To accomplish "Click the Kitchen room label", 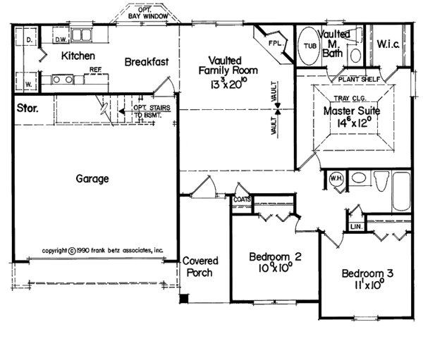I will [78, 56].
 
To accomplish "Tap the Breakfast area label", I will [147, 62].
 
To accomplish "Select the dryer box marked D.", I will [27, 41].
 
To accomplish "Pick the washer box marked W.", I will [27, 85].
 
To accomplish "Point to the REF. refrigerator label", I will [96, 70].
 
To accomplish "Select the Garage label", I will [92, 179].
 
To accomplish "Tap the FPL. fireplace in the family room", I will [274, 44].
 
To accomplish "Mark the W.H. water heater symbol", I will [336, 179].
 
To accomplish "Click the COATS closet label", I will [242, 199].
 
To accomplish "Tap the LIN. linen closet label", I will [355, 227].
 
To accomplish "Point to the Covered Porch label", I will [200, 267].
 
